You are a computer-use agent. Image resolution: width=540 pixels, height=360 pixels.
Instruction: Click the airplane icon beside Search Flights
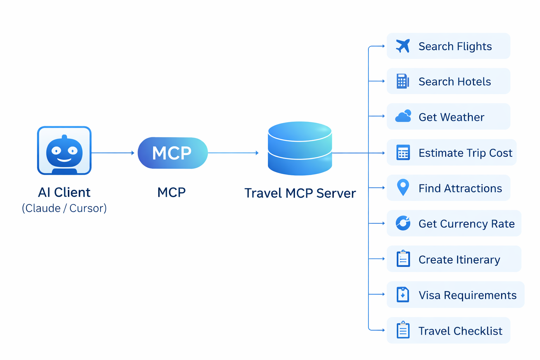pyautogui.click(x=403, y=46)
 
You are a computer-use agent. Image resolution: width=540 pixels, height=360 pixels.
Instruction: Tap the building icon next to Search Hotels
pyautogui.click(x=403, y=81)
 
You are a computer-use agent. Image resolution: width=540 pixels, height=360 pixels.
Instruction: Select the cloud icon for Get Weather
pyautogui.click(x=403, y=116)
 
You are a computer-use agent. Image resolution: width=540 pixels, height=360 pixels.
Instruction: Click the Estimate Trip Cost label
pyautogui.click(x=465, y=153)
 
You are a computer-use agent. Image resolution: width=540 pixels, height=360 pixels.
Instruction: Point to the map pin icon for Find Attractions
pyautogui.click(x=403, y=187)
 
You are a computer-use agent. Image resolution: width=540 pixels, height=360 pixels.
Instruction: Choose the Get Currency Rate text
pyautogui.click(x=466, y=224)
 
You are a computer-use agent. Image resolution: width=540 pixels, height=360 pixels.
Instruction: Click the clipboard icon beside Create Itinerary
pyautogui.click(x=403, y=259)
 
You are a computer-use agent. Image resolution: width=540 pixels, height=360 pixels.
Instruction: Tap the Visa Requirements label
pyautogui.click(x=467, y=295)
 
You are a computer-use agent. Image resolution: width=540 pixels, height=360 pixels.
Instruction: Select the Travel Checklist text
pyautogui.click(x=460, y=331)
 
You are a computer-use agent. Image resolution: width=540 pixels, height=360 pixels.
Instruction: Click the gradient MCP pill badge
pyautogui.click(x=172, y=153)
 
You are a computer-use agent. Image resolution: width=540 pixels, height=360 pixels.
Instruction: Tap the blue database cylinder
pyautogui.click(x=300, y=148)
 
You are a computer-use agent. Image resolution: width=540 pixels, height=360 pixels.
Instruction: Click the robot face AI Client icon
pyautogui.click(x=64, y=150)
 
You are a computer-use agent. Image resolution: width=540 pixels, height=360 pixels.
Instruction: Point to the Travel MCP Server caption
pyautogui.click(x=300, y=193)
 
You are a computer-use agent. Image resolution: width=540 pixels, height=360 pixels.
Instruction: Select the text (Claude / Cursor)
pyautogui.click(x=64, y=208)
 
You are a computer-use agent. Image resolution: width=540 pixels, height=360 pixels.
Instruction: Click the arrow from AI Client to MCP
pyautogui.click(x=113, y=153)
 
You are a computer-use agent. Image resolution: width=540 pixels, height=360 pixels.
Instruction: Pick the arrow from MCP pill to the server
pyautogui.click(x=233, y=153)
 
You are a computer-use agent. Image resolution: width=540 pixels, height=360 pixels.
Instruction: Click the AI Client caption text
pyautogui.click(x=64, y=192)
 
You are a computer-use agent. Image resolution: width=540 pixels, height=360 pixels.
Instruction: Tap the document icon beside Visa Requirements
pyautogui.click(x=403, y=295)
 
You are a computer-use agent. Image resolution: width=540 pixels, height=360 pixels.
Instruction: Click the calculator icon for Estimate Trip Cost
pyautogui.click(x=403, y=153)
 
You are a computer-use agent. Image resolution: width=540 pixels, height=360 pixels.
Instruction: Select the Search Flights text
pyautogui.click(x=455, y=46)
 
